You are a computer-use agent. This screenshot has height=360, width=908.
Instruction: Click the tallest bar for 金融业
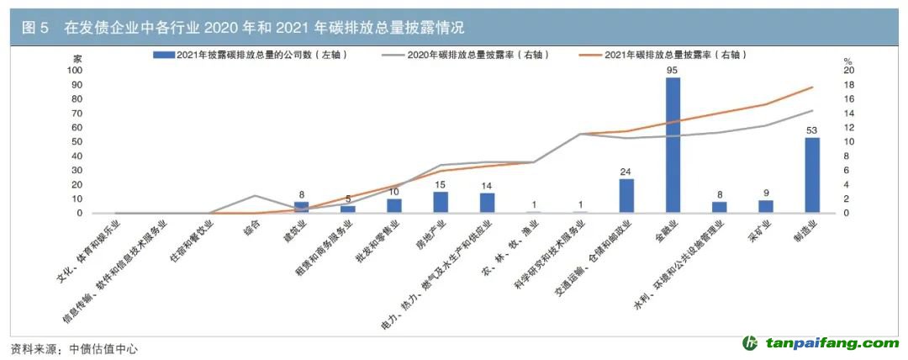(673, 145)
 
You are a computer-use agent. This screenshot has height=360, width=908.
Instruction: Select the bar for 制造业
(812, 175)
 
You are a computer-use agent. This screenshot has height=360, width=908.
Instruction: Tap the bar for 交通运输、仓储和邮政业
(626, 196)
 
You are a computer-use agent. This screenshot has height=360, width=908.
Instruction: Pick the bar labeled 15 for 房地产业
(441, 203)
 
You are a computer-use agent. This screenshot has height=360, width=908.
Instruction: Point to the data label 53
(812, 130)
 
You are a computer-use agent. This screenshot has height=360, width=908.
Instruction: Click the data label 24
(626, 172)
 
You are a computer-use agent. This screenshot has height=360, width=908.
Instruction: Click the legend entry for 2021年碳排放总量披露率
(663, 56)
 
